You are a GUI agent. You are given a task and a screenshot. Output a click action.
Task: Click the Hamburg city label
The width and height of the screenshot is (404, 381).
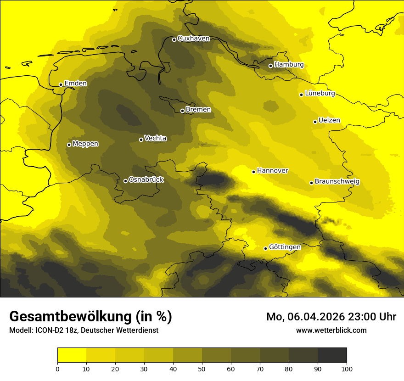coord(289,65)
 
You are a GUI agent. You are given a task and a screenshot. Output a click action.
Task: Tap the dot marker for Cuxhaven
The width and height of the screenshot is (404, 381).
coord(174,39)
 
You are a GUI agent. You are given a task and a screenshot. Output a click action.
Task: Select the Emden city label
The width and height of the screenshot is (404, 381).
coord(75,84)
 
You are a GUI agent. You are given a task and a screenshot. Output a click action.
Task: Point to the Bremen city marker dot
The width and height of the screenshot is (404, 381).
coord(182,111)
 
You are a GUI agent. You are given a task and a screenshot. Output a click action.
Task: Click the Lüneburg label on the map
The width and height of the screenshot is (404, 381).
coord(320,94)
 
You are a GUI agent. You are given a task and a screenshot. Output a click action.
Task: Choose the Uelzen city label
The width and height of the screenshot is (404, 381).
coord(329,121)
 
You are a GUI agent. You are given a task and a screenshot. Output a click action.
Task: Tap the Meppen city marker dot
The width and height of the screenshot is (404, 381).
coord(69,145)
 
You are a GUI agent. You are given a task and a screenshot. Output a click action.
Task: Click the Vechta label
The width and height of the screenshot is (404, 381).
coord(155,138)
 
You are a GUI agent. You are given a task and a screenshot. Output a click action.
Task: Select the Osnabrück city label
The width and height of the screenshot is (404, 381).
coord(146,180)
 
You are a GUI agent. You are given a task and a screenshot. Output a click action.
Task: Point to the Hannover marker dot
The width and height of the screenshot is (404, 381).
coord(253,172)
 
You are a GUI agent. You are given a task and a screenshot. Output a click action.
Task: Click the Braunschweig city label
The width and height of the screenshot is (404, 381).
coord(337,182)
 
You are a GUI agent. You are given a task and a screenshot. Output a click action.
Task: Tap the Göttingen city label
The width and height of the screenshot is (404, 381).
coord(285,247)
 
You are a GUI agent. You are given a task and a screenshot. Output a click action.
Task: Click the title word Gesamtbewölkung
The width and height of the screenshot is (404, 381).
coord(70,317)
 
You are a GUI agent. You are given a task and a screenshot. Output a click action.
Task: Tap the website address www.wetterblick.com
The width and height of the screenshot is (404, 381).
coord(331,331)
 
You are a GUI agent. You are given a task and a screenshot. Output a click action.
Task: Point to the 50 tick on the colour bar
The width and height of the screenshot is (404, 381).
coord(202,368)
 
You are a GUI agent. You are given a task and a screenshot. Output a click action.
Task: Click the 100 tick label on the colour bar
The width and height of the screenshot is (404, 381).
coord(347,368)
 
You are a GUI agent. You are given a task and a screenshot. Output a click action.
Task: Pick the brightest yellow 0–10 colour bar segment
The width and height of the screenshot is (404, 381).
coord(72,355)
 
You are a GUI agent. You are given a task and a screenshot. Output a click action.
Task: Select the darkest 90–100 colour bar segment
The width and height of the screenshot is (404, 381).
coord(332,355)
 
